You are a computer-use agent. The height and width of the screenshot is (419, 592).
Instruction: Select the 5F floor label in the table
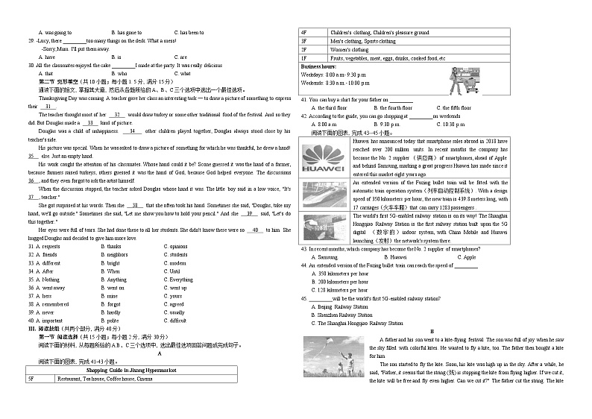click(31, 379)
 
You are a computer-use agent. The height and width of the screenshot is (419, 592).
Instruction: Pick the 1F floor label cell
click(303, 57)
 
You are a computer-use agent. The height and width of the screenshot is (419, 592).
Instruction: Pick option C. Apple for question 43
click(461, 257)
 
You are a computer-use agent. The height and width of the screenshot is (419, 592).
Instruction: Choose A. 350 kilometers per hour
click(339, 274)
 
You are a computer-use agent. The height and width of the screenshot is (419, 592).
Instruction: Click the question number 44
click(304, 265)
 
